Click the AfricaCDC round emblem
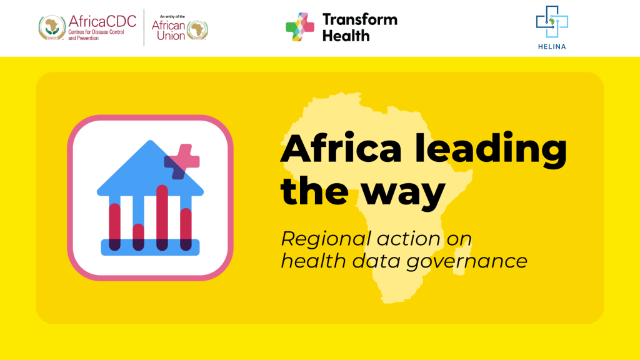click(52, 27)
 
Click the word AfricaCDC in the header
click(102, 21)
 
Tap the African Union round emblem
click(197, 30)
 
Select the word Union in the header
click(171, 36)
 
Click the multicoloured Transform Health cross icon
click(300, 27)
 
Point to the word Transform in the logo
click(359, 19)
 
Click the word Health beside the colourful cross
click(346, 36)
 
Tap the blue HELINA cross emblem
click(552, 22)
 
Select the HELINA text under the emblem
click(552, 46)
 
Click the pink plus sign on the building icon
click(182, 161)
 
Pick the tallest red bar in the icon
click(162, 217)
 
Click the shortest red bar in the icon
click(138, 237)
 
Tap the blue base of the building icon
click(150, 247)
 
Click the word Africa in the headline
click(341, 148)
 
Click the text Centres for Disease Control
click(96, 32)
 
